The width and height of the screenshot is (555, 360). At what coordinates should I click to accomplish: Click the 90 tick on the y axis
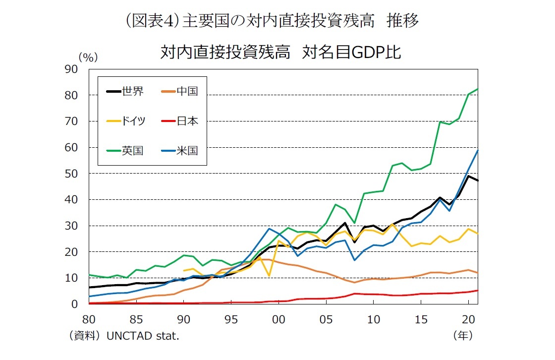click(71, 69)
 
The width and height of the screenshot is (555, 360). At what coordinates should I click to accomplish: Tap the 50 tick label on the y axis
click(71, 174)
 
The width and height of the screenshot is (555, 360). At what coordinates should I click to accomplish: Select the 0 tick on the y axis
click(74, 304)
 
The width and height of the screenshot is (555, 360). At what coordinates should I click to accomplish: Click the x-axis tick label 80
click(89, 318)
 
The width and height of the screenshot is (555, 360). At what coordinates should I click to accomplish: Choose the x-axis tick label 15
click(421, 318)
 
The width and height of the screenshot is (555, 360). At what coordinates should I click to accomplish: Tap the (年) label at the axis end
click(463, 336)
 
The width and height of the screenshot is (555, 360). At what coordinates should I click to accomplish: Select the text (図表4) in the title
click(153, 21)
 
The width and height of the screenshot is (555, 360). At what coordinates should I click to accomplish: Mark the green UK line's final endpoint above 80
click(478, 89)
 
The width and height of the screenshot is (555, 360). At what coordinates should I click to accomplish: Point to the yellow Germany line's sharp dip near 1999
click(269, 276)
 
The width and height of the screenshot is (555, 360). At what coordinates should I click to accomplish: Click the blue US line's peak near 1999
click(269, 229)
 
